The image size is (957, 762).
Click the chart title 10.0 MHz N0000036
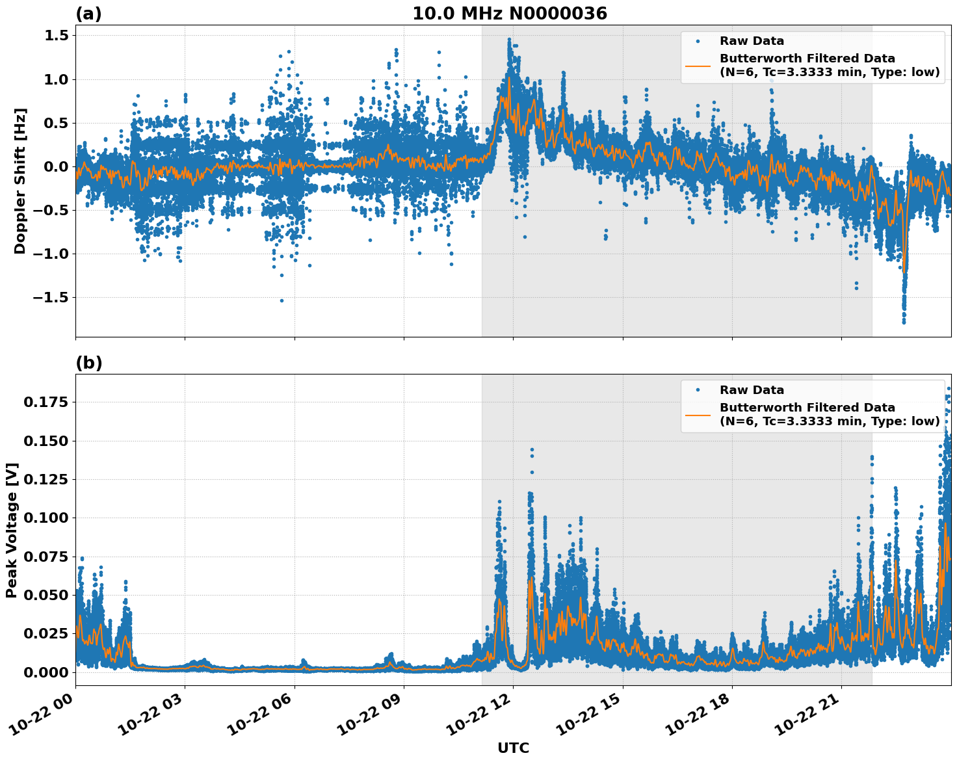coord(509,14)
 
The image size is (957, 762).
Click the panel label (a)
coord(88,14)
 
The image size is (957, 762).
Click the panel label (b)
coord(89,363)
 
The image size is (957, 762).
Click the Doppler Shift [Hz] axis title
coord(20,181)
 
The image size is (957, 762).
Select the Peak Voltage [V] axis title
coord(12,530)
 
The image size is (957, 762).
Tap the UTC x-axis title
coord(513,748)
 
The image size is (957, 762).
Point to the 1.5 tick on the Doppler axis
coord(56,36)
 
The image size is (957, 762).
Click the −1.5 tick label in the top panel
coord(51,297)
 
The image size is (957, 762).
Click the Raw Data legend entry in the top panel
coord(752,41)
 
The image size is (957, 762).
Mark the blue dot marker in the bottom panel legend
coord(698,390)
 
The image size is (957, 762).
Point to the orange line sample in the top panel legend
coord(698,65)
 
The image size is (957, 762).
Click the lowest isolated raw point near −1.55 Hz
coord(282,300)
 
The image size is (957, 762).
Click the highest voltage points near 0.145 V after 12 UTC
coord(532,450)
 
